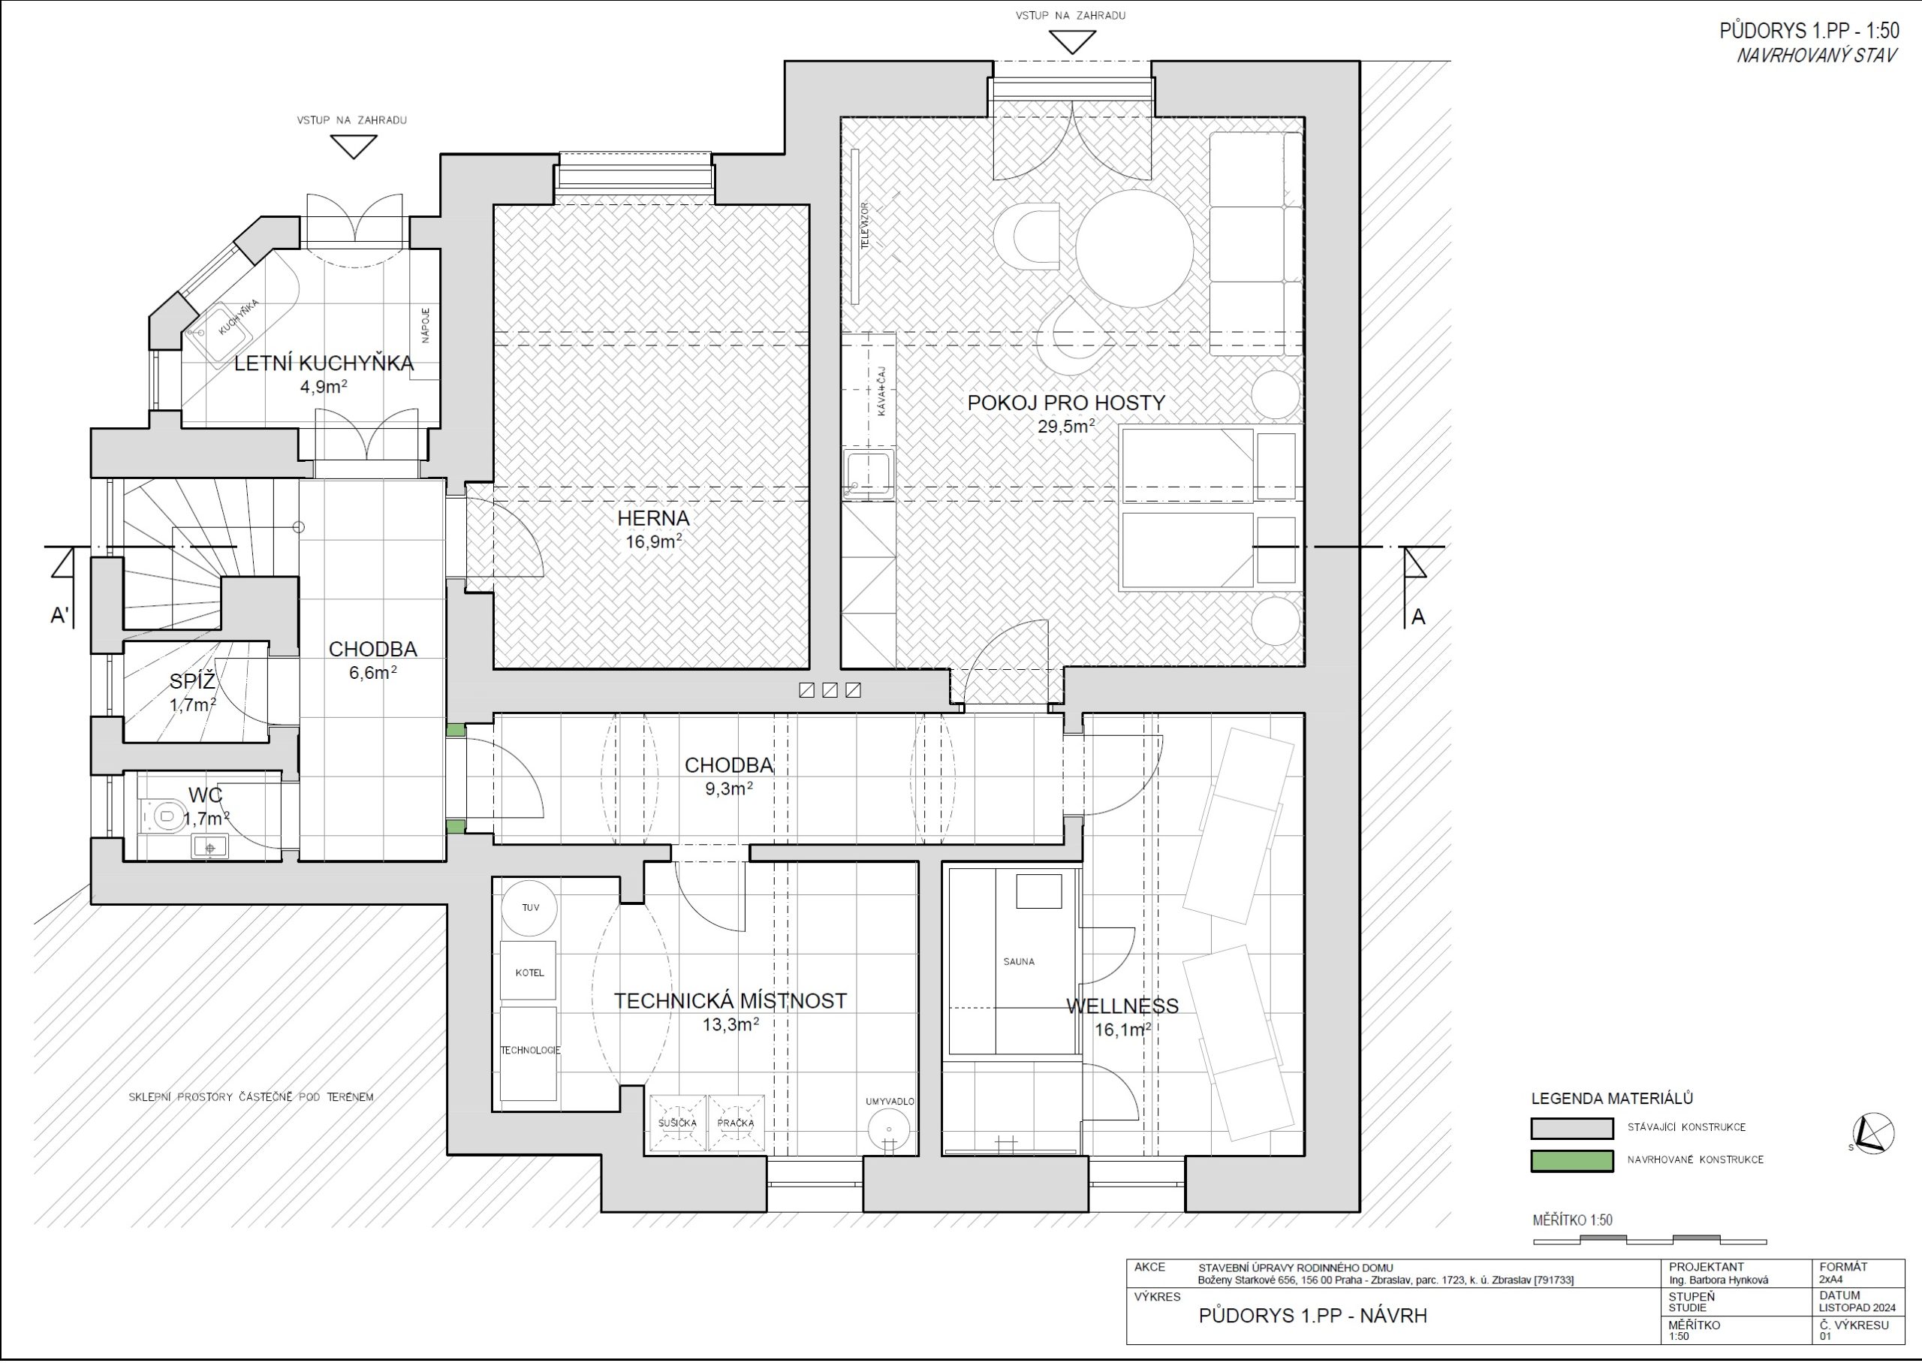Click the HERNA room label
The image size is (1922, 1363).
[x=652, y=518]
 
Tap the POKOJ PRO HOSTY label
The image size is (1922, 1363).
[x=1065, y=403]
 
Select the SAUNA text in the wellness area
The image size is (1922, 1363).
[x=1019, y=962]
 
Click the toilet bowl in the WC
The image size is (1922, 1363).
[x=164, y=814]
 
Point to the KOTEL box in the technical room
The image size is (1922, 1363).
[x=529, y=971]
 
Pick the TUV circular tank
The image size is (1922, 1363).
[x=530, y=907]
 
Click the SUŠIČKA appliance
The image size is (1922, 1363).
[x=677, y=1123]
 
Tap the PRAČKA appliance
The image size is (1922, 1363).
[x=736, y=1123]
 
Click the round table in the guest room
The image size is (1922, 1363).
[x=1134, y=249]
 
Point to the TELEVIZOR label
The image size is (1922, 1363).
[x=865, y=225]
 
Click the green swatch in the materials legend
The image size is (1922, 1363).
[x=1571, y=1161]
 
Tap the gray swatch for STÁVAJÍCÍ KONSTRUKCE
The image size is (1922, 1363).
[x=1571, y=1128]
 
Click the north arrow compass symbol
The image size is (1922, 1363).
[x=1872, y=1133]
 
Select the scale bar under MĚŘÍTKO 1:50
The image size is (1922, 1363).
[x=1649, y=1240]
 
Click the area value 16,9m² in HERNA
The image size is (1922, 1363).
[x=652, y=541]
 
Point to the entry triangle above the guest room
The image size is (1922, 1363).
[x=1073, y=42]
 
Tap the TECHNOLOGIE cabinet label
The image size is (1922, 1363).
[x=530, y=1051]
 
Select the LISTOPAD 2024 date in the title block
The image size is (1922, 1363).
[x=1857, y=1307]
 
